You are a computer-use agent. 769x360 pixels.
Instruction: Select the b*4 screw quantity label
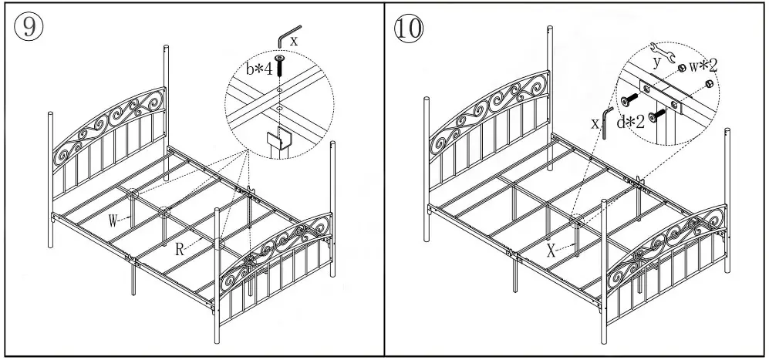tap(260, 69)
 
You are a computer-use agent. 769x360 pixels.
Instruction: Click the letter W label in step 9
tap(113, 221)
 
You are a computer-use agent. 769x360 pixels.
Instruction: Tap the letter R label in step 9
tap(178, 249)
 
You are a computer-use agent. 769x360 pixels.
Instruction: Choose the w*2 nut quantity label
tap(703, 66)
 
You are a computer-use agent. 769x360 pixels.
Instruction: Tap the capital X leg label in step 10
tap(551, 251)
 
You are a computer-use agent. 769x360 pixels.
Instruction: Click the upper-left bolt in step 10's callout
tap(630, 98)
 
